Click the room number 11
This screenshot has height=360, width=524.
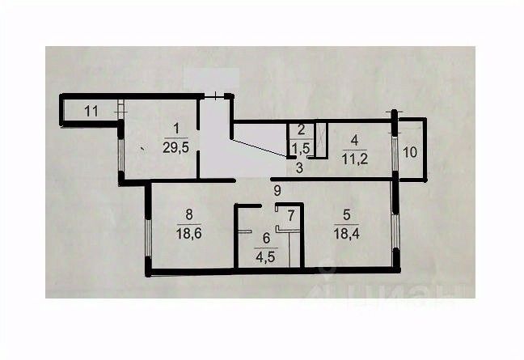(x=91, y=111)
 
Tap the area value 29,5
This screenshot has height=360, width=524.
(x=175, y=147)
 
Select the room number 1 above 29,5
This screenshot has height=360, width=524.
(x=176, y=129)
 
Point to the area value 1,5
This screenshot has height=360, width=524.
(x=301, y=148)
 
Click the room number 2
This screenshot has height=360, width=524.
(x=301, y=130)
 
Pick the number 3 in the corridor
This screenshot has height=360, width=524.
(x=299, y=167)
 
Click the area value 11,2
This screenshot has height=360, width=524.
(x=354, y=159)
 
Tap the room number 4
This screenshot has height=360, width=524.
(x=354, y=141)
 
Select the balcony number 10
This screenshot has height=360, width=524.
(x=410, y=152)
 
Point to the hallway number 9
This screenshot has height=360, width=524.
(x=277, y=191)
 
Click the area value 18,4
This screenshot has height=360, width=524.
(x=347, y=234)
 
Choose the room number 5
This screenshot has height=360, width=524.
(x=347, y=215)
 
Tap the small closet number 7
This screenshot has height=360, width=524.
(x=291, y=216)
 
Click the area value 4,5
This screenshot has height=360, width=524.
(x=266, y=258)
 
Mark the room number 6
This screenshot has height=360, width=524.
(x=266, y=239)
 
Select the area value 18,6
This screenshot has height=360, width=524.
(x=188, y=234)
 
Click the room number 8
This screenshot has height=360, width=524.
(x=188, y=215)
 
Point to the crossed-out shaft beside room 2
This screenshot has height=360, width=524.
(x=322, y=139)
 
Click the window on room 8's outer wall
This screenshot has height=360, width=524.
(x=149, y=237)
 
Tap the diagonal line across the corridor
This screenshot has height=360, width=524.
(x=259, y=147)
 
